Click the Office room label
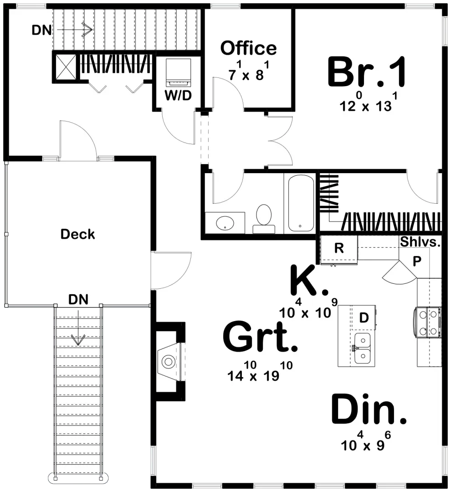(x=248, y=48)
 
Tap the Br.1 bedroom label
(x=366, y=73)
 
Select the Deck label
(x=78, y=234)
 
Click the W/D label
(x=178, y=97)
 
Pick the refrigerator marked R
(x=338, y=248)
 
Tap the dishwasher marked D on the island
(x=364, y=318)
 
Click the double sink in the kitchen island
(x=363, y=348)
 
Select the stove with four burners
(x=428, y=322)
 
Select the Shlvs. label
(x=420, y=242)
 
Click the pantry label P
(x=417, y=261)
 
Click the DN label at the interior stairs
(x=41, y=31)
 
